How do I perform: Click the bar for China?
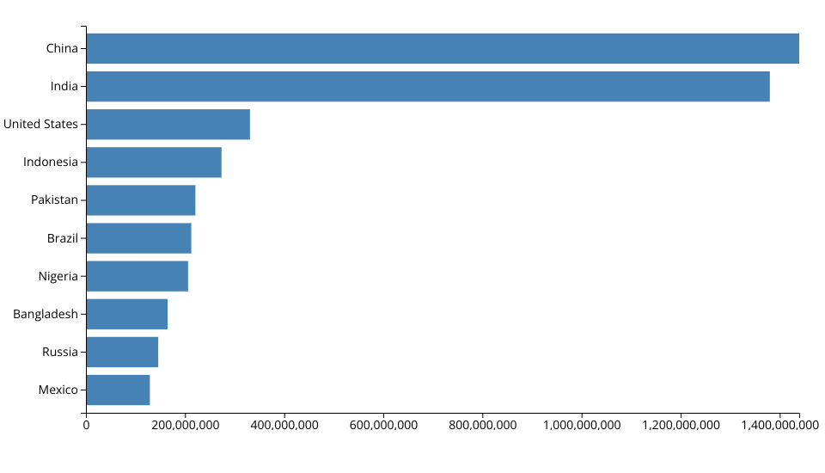(x=443, y=48)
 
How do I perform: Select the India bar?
(x=428, y=86)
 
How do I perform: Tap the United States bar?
(x=168, y=124)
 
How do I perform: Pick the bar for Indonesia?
(x=154, y=162)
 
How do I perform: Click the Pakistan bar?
(x=141, y=200)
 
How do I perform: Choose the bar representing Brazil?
(x=138, y=238)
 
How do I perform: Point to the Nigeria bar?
(x=137, y=276)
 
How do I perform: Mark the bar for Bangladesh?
(x=127, y=314)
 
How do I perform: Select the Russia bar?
(x=122, y=352)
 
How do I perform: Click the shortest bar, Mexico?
(x=118, y=390)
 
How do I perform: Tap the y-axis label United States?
(x=40, y=124)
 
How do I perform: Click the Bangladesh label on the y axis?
(x=46, y=314)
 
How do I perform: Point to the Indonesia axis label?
(x=51, y=162)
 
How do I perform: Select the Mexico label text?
(x=58, y=390)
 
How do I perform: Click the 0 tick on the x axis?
(x=86, y=425)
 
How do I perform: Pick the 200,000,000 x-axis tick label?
(x=186, y=425)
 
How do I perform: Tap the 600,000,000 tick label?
(x=383, y=425)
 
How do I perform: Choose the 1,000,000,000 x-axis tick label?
(x=582, y=425)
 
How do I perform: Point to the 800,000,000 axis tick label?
(x=483, y=425)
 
